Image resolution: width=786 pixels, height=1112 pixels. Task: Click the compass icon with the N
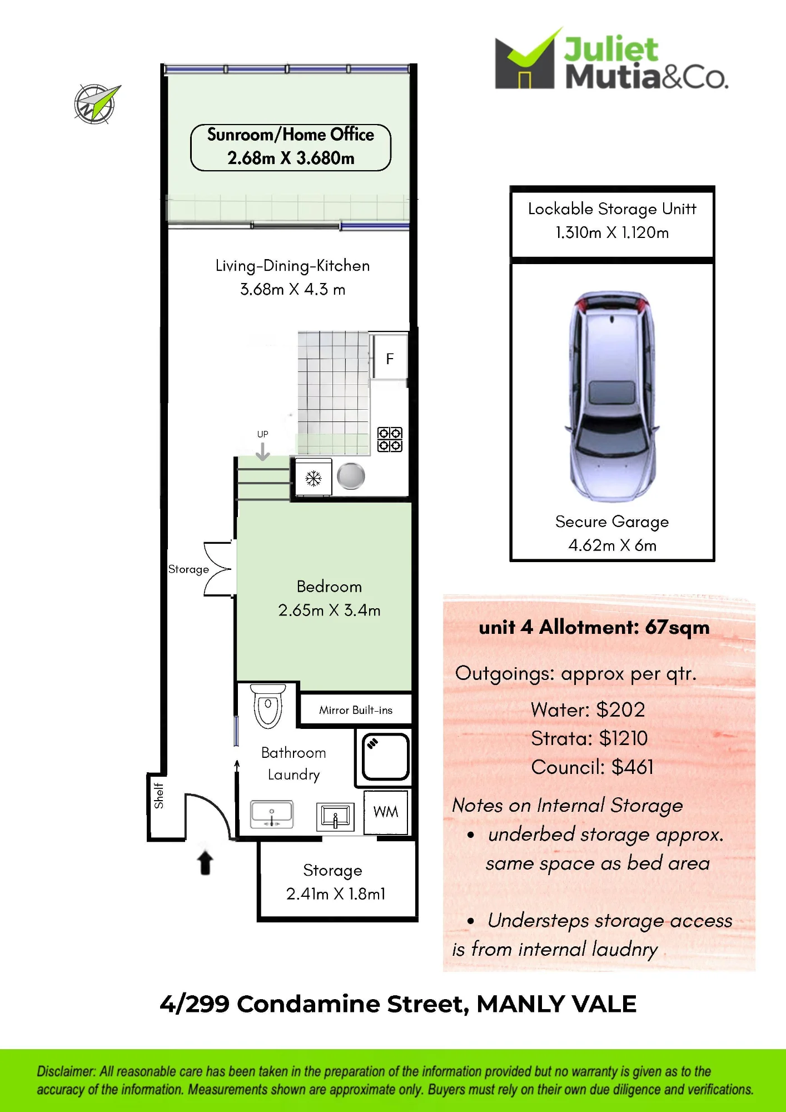click(96, 103)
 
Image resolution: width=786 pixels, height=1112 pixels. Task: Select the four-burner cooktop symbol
click(390, 439)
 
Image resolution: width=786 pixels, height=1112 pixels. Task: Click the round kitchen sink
click(351, 476)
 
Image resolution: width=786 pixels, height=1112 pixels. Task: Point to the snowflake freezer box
click(314, 477)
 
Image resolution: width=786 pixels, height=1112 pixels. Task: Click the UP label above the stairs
click(262, 434)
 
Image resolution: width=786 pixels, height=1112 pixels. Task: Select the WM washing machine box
click(386, 812)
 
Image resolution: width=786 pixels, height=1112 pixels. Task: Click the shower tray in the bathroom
click(386, 757)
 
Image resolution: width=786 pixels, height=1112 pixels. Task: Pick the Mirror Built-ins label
click(356, 710)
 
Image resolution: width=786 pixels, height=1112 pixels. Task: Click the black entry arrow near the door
click(205, 862)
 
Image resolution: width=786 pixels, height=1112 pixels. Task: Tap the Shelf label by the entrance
click(159, 795)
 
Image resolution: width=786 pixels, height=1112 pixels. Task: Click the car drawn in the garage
click(611, 396)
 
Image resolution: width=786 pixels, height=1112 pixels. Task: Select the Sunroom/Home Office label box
click(291, 147)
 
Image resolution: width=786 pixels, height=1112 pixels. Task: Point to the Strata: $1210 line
click(589, 738)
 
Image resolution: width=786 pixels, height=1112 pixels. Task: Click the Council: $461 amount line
click(592, 767)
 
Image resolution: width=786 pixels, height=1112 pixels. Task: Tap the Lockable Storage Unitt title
click(612, 209)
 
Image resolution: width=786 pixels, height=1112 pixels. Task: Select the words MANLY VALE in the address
click(556, 1004)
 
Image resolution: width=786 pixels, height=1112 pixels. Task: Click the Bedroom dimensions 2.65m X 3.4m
click(330, 610)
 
